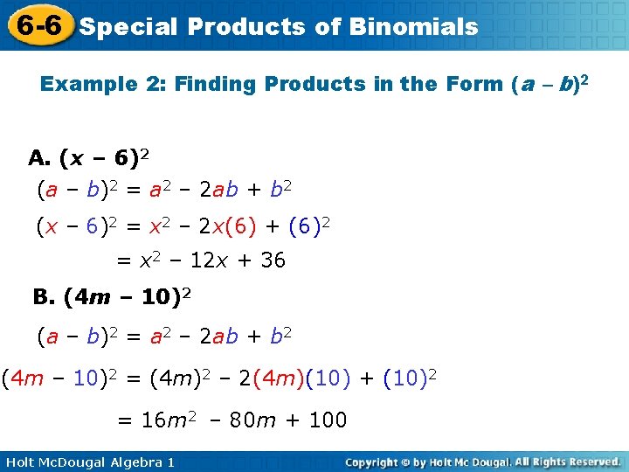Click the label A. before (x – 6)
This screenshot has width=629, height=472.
pyautogui.click(x=39, y=158)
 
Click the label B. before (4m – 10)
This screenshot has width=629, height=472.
pyautogui.click(x=45, y=297)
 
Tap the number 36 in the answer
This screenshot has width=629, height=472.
pyautogui.click(x=273, y=261)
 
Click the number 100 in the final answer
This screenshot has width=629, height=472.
pyautogui.click(x=328, y=420)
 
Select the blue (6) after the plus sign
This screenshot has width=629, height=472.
pyautogui.click(x=305, y=227)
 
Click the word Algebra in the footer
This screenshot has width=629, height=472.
pyautogui.click(x=120, y=462)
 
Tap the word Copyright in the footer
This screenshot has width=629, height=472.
pyautogui.click(x=375, y=462)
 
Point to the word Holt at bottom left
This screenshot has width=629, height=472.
pyautogui.click(x=19, y=462)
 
